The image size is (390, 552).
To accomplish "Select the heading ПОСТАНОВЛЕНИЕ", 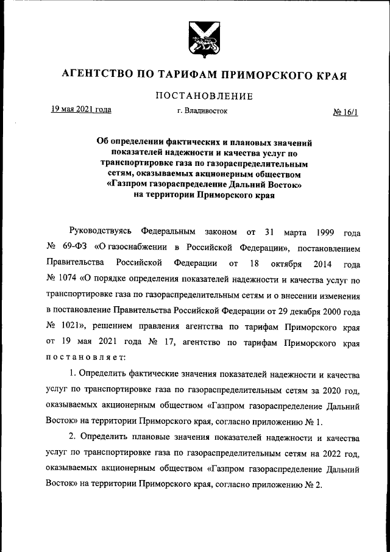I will point(204,96).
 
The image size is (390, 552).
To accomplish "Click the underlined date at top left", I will point(80,110).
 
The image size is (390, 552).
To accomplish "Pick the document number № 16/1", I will point(345,112).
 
